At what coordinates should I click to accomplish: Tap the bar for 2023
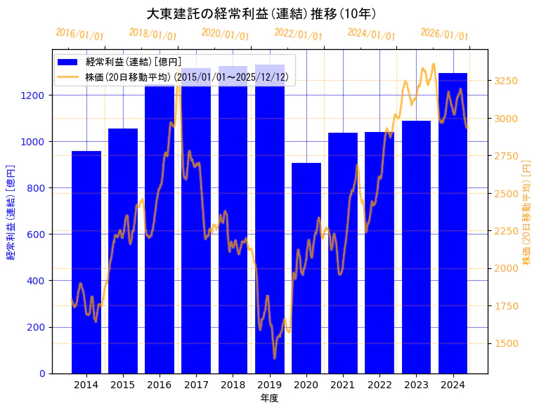tap(416, 246)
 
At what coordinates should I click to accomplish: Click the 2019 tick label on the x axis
tap(270, 384)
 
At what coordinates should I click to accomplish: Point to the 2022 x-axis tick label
tap(379, 384)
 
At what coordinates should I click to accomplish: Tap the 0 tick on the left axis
tap(42, 373)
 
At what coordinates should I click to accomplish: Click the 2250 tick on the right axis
tap(506, 231)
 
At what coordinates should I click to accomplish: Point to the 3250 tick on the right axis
tap(506, 81)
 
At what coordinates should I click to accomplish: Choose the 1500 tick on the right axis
tap(506, 343)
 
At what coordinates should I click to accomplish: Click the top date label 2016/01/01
tap(79, 34)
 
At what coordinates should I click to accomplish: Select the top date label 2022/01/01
tap(298, 34)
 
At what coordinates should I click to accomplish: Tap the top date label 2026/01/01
tap(444, 34)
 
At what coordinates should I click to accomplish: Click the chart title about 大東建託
tap(261, 14)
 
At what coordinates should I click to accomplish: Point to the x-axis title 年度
tap(269, 398)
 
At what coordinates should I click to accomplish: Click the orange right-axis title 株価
tap(526, 211)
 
